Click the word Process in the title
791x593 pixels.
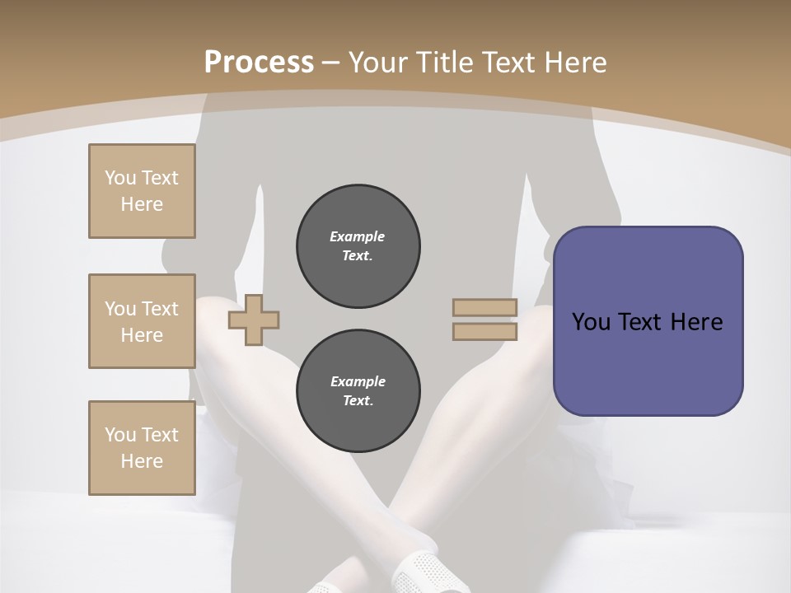(259, 62)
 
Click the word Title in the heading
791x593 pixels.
(446, 63)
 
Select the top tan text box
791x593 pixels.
(142, 191)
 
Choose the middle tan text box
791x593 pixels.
(142, 321)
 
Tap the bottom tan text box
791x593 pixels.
(142, 448)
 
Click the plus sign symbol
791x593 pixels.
(254, 320)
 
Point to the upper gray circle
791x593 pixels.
(358, 246)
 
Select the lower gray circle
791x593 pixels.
(358, 391)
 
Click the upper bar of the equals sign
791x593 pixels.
(484, 307)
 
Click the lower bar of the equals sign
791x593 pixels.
(484, 331)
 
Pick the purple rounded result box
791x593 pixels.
(648, 321)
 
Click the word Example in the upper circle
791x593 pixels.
(358, 236)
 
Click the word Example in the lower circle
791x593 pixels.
(358, 381)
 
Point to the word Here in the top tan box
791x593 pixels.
(142, 204)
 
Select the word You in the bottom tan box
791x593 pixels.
(120, 435)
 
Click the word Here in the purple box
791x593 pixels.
(696, 322)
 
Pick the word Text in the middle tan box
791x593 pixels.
(159, 309)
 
